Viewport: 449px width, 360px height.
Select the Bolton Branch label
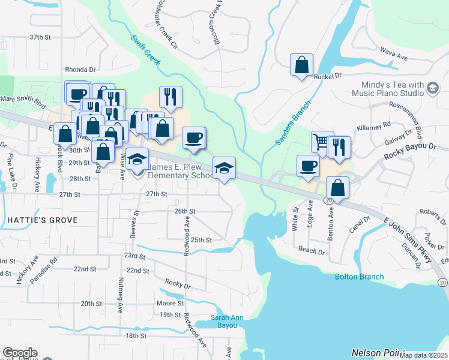pyautogui.click(x=359, y=277)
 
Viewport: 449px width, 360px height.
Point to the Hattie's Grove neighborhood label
pyautogui.click(x=43, y=221)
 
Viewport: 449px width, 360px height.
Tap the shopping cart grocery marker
pyautogui.click(x=321, y=143)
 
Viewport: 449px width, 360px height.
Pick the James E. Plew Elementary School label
pyautogui.click(x=180, y=172)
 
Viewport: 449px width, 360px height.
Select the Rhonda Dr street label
pyautogui.click(x=80, y=70)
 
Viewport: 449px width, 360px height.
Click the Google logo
pyautogui.click(x=20, y=353)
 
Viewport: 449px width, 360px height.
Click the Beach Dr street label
pyautogui.click(x=311, y=251)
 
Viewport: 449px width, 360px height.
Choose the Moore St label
pyautogui.click(x=170, y=304)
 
